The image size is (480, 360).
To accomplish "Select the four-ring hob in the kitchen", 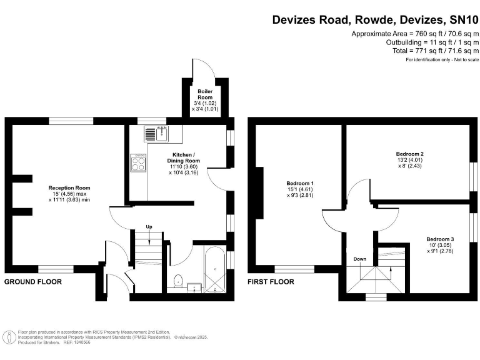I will click(139, 163).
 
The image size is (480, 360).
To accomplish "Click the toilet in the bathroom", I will click(178, 281).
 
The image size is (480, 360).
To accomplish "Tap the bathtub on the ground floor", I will click(214, 271).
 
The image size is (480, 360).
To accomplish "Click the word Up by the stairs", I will click(149, 226).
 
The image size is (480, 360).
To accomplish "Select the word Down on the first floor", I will click(360, 259).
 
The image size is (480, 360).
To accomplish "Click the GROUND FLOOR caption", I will click(32, 282).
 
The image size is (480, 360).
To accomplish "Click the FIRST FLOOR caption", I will click(271, 282).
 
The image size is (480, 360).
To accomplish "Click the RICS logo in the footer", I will click(9, 337).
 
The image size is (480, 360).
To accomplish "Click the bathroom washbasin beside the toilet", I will click(195, 287).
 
